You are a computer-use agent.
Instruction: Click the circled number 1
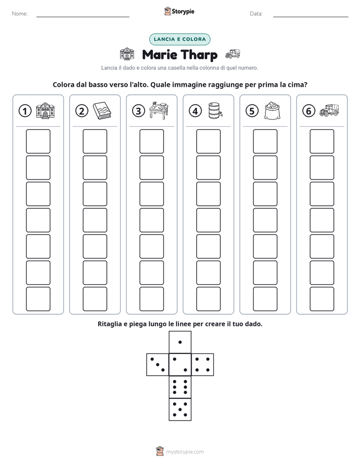point(25,111)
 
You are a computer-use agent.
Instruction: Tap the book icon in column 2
point(102,110)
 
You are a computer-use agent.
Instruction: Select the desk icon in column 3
point(159,110)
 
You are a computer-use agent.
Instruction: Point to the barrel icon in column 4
point(215,110)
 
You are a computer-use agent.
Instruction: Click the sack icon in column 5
point(272,110)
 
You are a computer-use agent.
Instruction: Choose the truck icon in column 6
point(329,110)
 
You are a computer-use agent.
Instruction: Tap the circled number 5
point(252,111)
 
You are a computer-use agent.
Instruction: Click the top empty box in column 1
point(38,141)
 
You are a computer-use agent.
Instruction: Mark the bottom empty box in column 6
point(322,299)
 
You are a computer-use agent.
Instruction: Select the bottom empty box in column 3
point(152,299)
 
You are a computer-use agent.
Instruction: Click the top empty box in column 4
point(209,141)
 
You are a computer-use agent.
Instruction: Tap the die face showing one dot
point(180,342)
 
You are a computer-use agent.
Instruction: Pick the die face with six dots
point(180,387)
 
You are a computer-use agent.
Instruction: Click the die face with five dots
point(180,410)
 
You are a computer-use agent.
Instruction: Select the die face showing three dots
point(157,364)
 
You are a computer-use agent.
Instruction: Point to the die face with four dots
point(203,364)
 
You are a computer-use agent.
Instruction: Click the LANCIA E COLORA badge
point(179,39)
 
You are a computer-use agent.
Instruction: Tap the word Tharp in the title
point(199,55)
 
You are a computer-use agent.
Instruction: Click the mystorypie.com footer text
point(185,452)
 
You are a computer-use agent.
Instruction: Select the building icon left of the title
point(127,54)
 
